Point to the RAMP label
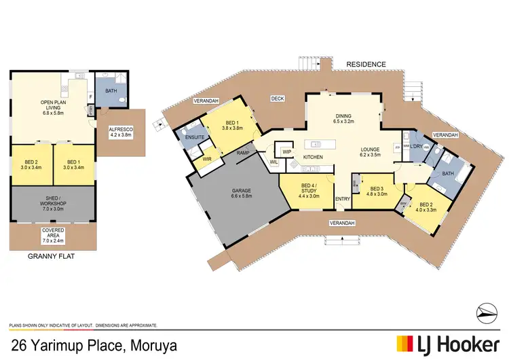242,153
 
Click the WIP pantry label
287,151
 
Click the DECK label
278,98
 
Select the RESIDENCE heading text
366,65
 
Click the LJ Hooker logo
449,344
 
